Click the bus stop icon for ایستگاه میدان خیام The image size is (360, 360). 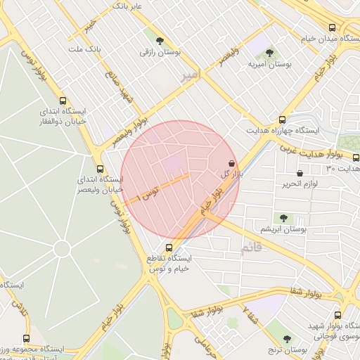coord(331,27)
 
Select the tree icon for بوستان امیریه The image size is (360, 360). coord(269,53)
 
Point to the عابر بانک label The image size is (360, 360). coord(127,6)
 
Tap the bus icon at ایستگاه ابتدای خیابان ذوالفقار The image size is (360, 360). coord(64,101)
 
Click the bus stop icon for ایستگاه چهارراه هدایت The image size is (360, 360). coord(282,120)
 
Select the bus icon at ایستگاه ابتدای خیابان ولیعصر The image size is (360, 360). coord(100,169)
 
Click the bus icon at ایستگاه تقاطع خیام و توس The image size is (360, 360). coord(169,247)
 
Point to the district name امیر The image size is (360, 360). coord(190,75)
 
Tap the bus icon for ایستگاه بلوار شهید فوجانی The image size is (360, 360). coord(338,315)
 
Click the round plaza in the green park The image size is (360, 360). coord(62,249)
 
